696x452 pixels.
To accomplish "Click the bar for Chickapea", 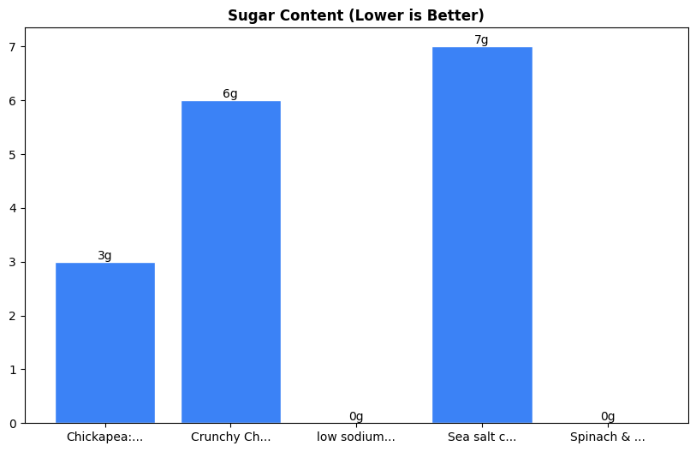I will pos(105,342).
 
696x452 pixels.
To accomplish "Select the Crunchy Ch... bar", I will pos(230,262).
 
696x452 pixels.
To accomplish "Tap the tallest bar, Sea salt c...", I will pos(482,235).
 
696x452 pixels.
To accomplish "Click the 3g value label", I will pos(104,255).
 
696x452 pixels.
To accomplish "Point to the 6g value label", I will pos(230,93).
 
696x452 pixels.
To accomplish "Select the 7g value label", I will pos(481,39).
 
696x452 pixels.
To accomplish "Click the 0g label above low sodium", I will pos(356,416).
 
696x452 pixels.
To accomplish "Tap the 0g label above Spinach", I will pos(608,416).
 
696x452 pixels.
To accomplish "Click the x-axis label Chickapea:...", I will pos(104,437).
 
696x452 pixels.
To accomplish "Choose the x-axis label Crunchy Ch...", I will pos(230,437).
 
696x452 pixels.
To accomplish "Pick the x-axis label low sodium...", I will pos(356,437).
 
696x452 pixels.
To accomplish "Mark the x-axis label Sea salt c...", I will pos(482,437).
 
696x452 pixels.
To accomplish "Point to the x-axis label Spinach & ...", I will pos(608,437).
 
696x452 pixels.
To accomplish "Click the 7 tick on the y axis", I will pos(13,47).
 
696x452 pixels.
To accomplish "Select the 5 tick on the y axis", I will pos(13,155).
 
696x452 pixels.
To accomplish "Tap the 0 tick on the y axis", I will pos(13,424).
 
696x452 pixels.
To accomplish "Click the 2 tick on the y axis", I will pos(13,316).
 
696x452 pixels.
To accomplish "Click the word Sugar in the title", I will pos(247,15).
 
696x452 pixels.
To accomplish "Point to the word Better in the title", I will pos(458,15).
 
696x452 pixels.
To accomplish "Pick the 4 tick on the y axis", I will pos(13,208).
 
